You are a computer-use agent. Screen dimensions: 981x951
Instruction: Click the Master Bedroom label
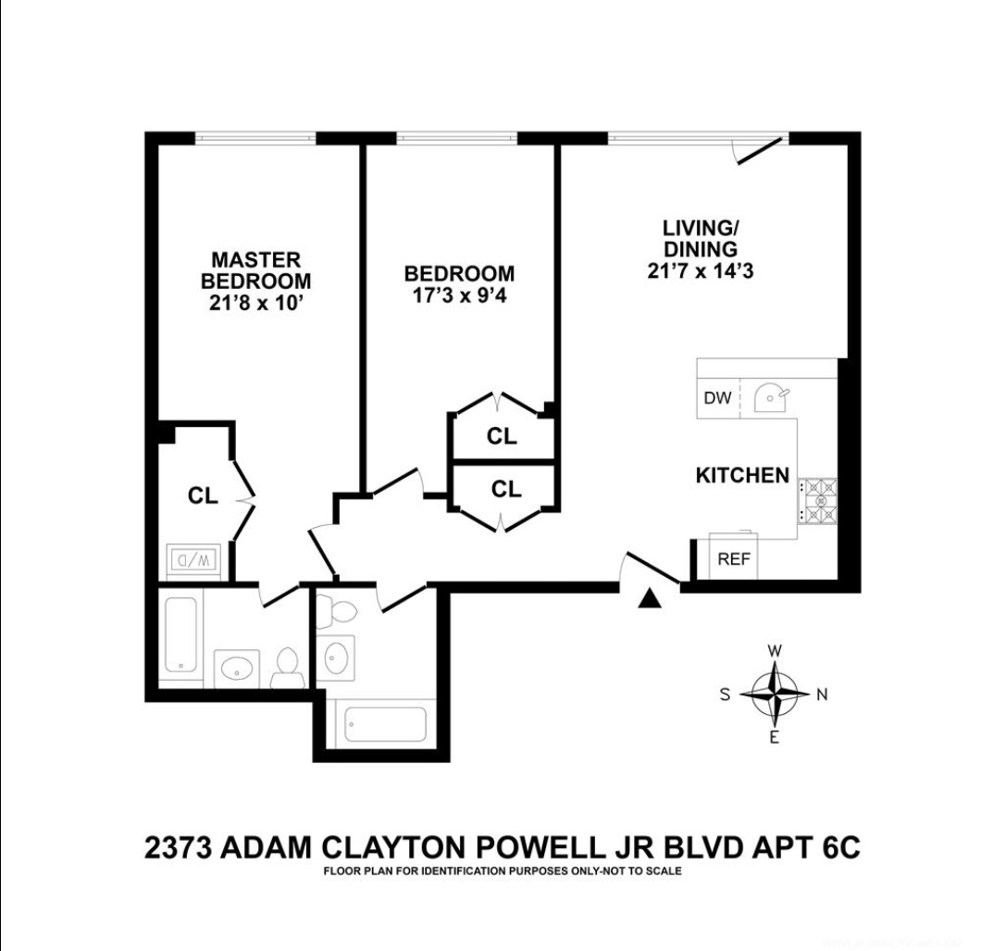pos(255,270)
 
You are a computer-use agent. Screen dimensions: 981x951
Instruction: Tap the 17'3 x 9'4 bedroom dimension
pos(459,297)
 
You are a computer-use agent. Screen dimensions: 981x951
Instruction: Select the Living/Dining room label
pos(700,238)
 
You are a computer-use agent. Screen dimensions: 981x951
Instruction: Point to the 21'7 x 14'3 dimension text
pos(700,271)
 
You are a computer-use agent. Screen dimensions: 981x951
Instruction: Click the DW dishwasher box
pos(717,398)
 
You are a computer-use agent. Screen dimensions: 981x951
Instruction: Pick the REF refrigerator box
pos(734,558)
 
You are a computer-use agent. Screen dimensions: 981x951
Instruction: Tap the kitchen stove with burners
pos(817,500)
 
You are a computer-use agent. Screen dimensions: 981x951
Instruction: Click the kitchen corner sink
pos(771,399)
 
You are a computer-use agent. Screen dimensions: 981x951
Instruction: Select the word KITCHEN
pos(742,475)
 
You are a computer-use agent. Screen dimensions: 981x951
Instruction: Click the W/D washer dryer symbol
pos(192,559)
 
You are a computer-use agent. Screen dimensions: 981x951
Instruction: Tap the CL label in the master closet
pos(203,495)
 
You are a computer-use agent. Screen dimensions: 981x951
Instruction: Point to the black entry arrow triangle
pos(651,599)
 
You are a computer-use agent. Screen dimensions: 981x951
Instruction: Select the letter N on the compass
pos(821,694)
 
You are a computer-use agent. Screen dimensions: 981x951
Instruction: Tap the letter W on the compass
pos(775,650)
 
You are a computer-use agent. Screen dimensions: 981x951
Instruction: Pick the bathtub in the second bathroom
pos(382,724)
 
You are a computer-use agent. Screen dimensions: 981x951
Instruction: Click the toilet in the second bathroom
pos(329,611)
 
